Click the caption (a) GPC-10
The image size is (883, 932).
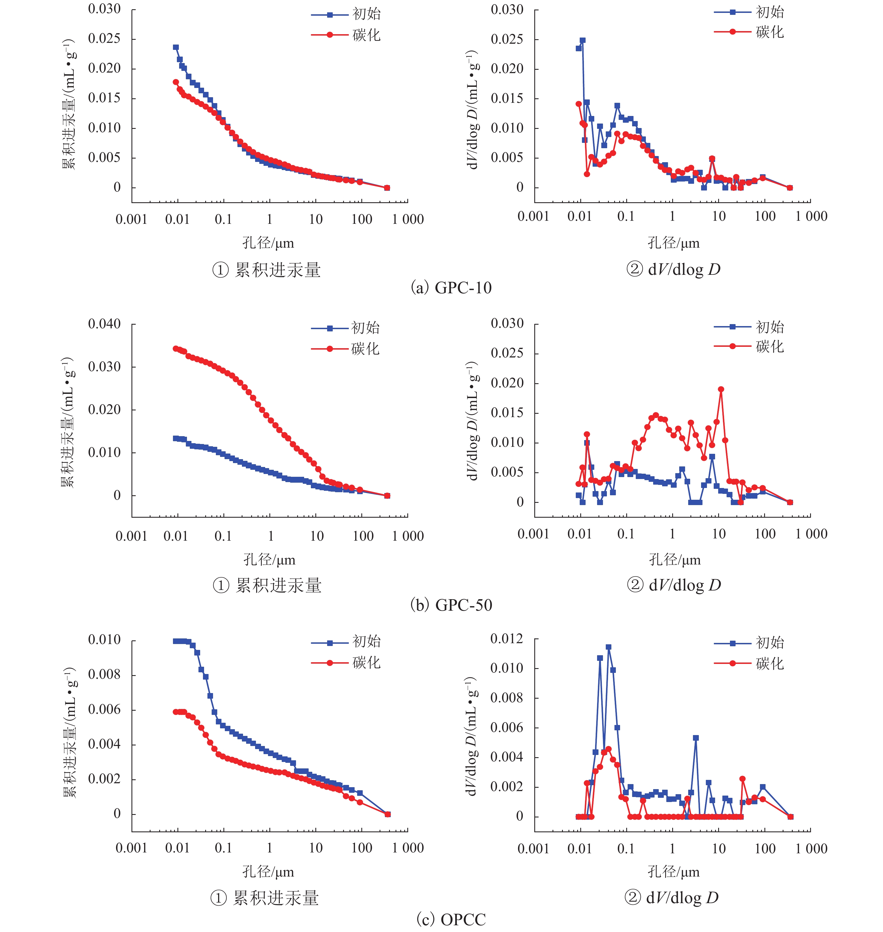pos(451,287)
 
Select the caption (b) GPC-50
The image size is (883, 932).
pos(451,605)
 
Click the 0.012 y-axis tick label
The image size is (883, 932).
pos(507,638)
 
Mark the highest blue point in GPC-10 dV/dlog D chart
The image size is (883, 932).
pos(583,40)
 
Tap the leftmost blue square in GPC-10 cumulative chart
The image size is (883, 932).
pos(175,47)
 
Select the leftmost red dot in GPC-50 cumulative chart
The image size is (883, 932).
pos(175,348)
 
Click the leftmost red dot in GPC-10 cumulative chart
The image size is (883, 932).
pos(175,82)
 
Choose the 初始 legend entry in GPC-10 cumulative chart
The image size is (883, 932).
pos(346,15)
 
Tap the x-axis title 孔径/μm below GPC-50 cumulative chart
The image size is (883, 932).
pos(269,560)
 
